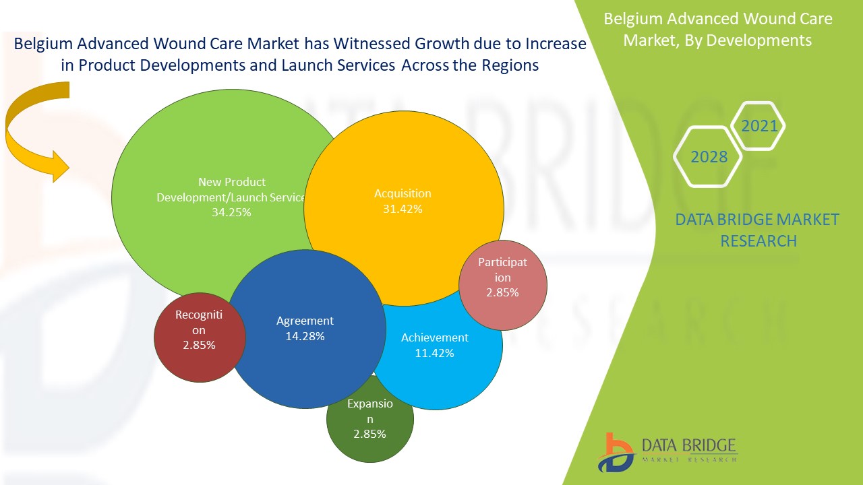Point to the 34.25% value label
click(x=231, y=212)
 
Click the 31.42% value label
click(x=403, y=209)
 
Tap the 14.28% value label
click(x=305, y=336)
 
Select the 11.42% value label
click(x=434, y=353)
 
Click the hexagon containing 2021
click(x=758, y=126)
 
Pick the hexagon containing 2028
click(x=709, y=157)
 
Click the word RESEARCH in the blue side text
click(x=758, y=240)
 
